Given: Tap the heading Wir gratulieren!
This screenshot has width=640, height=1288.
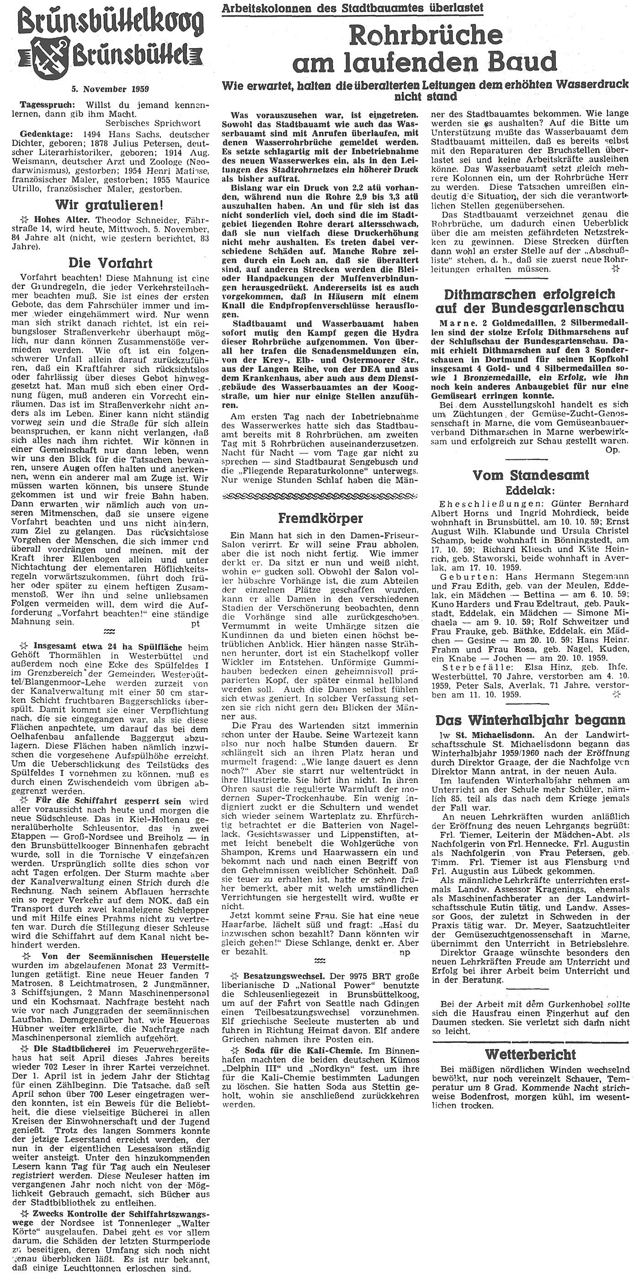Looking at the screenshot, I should coord(110,205).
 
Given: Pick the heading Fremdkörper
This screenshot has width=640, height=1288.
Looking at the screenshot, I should coord(320,517).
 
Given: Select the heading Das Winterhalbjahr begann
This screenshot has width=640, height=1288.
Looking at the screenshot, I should coord(531,720).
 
